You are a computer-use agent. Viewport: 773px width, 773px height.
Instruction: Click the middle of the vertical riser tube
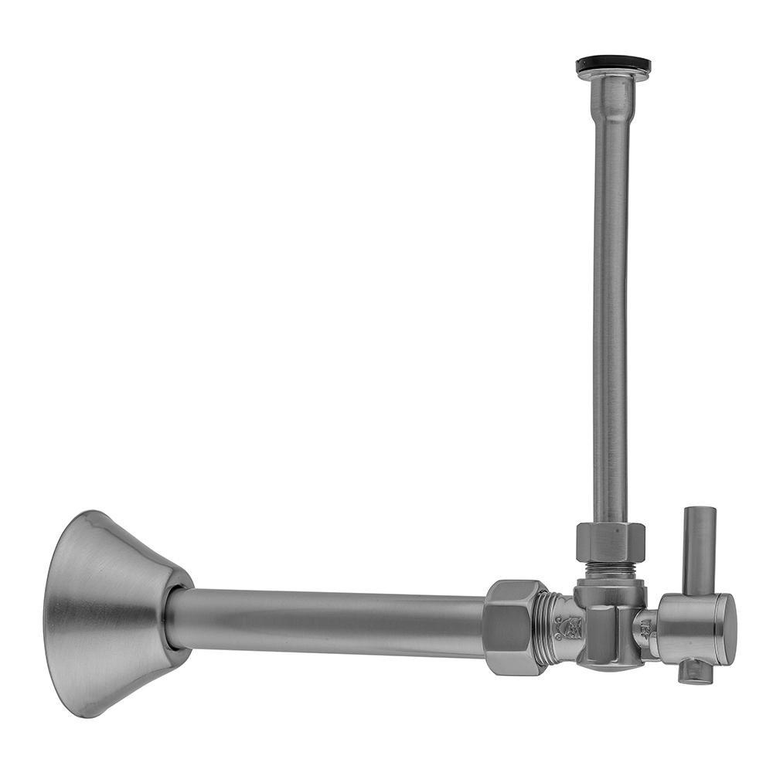(611, 309)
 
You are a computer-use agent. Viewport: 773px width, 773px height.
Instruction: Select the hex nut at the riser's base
(610, 542)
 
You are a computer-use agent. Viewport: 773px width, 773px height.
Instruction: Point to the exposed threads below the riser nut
(611, 570)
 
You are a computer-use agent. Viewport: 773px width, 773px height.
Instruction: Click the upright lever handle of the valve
(699, 549)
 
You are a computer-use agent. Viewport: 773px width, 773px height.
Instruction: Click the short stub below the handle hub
(695, 672)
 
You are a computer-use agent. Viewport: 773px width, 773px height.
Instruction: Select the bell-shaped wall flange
(116, 611)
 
